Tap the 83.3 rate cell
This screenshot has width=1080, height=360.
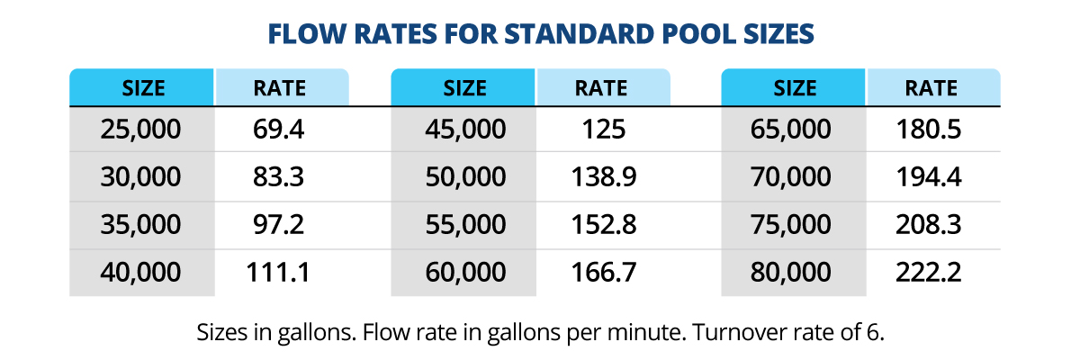coord(279,177)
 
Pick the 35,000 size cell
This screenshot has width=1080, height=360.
coord(141,225)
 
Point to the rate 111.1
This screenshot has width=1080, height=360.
coord(279,272)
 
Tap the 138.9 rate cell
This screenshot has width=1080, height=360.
coord(603,177)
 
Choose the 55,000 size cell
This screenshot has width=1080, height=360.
coord(464,225)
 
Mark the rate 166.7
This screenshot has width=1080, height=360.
coord(603,272)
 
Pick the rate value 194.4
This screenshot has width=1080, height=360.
coord(929,177)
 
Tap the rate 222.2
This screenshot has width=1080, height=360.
coord(929,272)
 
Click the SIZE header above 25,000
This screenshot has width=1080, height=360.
coord(142,88)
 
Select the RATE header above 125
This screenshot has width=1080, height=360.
coord(601,88)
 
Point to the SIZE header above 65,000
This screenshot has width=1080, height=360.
coord(794,88)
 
